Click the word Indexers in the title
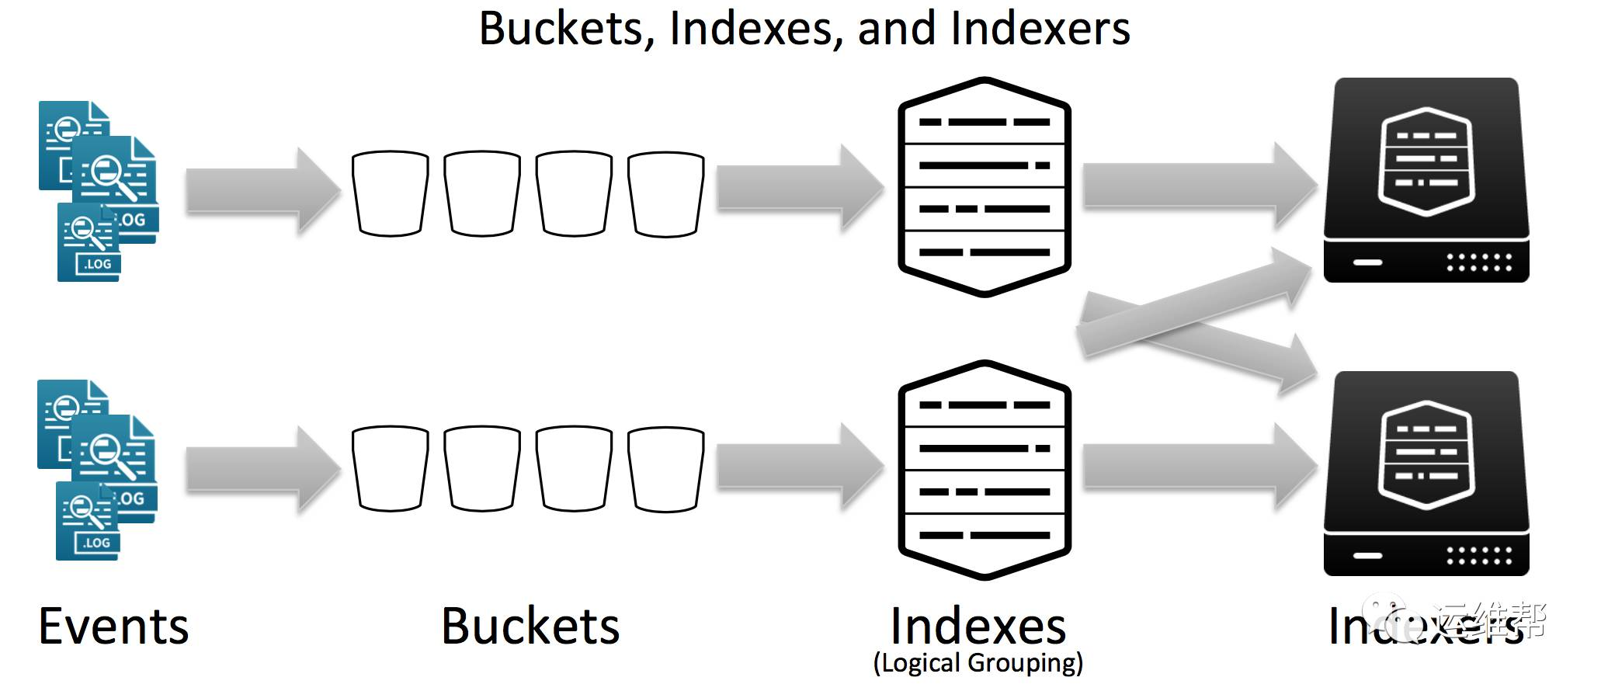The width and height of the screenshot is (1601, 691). pyautogui.click(x=1040, y=30)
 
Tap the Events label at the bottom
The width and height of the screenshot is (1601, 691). pyautogui.click(x=113, y=627)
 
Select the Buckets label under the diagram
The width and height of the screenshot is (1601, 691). pyautogui.click(x=530, y=627)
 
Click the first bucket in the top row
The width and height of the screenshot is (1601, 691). pyautogui.click(x=390, y=193)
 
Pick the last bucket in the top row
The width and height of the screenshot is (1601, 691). pyautogui.click(x=665, y=193)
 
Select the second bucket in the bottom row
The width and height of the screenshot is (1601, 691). pyautogui.click(x=481, y=468)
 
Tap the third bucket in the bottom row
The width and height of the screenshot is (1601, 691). pyautogui.click(x=574, y=468)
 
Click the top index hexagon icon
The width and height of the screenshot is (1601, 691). pyautogui.click(x=985, y=187)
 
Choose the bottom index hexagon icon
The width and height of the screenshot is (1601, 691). pyautogui.click(x=985, y=470)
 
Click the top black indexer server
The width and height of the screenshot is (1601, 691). pyautogui.click(x=1426, y=180)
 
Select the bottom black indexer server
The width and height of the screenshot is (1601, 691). pyautogui.click(x=1426, y=474)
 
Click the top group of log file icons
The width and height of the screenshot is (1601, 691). pyautogui.click(x=98, y=190)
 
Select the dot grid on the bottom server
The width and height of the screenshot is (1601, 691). pyautogui.click(x=1479, y=556)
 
